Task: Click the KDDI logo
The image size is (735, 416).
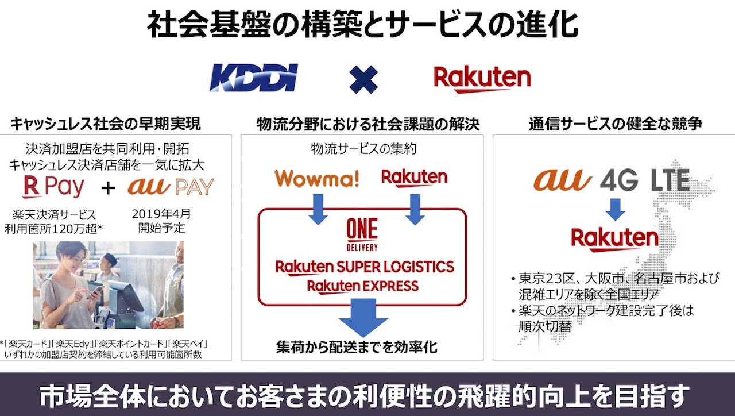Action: tap(253, 79)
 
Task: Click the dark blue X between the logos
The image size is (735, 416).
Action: tap(363, 79)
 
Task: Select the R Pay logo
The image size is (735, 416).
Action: tap(53, 187)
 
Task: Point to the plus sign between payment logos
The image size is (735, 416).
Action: tap(108, 188)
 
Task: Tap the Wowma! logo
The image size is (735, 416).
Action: tap(317, 178)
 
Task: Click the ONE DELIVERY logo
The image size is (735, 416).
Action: tap(362, 236)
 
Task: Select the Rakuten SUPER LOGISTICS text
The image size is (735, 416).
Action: tap(365, 267)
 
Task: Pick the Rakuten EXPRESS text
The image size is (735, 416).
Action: tap(362, 286)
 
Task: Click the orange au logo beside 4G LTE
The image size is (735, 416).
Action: tap(562, 180)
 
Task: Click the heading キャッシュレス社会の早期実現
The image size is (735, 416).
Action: tap(105, 124)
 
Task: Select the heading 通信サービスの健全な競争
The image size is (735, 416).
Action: tap(616, 124)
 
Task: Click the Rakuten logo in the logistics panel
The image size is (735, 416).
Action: tap(414, 178)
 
